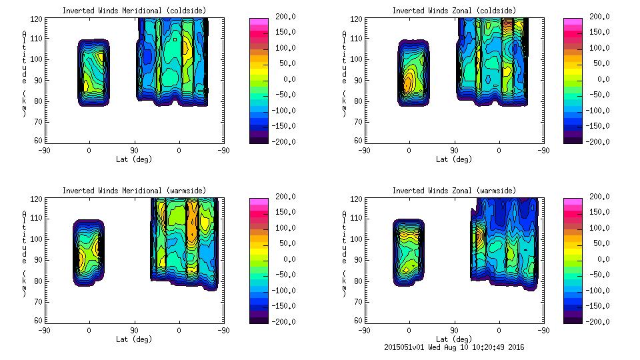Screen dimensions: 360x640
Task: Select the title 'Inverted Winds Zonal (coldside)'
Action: tap(454, 11)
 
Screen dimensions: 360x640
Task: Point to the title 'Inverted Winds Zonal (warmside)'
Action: tap(454, 191)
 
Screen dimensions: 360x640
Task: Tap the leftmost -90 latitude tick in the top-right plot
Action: tap(364, 151)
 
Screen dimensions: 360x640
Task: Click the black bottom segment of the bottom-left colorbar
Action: tap(257, 319)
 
